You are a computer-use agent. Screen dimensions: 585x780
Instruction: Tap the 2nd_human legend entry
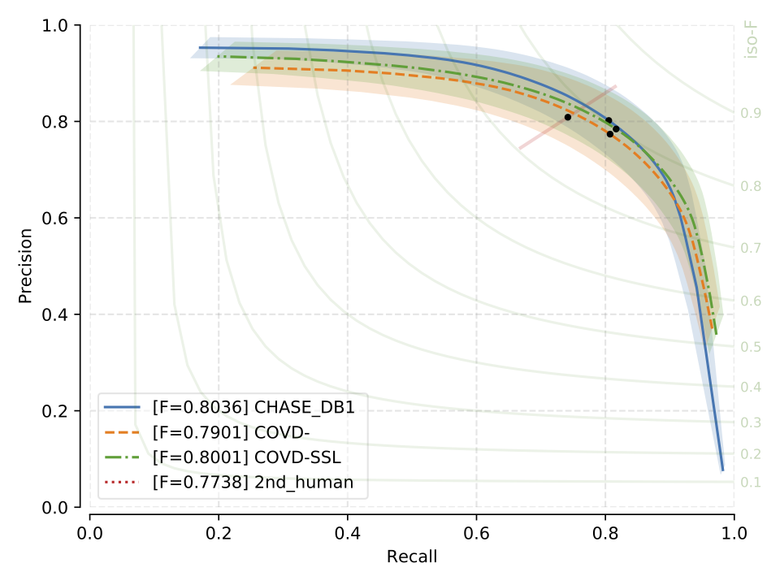click(x=253, y=482)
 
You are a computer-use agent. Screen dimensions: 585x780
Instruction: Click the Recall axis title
click(x=411, y=557)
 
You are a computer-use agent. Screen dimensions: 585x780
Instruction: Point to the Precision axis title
click(x=25, y=266)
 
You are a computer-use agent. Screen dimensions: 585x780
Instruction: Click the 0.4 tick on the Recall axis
click(x=347, y=535)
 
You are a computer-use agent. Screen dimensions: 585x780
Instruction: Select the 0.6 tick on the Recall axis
click(x=476, y=535)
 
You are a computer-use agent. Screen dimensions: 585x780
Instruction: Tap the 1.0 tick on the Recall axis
click(x=734, y=535)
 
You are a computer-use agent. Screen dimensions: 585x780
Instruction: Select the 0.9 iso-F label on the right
click(x=751, y=113)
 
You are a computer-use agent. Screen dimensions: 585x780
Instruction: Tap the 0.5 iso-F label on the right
click(x=751, y=347)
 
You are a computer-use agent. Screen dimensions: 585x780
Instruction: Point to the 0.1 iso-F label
click(x=751, y=483)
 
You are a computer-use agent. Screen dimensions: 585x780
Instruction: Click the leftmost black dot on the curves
click(x=568, y=117)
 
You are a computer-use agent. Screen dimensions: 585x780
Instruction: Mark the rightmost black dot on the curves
click(x=616, y=129)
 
